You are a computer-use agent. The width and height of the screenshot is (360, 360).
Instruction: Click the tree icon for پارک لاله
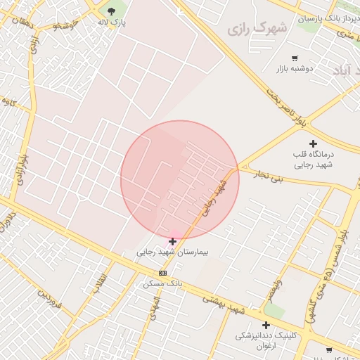[x=111, y=11]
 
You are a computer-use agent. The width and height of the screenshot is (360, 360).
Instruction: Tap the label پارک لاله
[x=111, y=22]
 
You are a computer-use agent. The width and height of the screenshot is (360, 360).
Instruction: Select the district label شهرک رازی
[x=257, y=29]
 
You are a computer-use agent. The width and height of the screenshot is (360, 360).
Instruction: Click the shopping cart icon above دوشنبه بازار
[x=294, y=58]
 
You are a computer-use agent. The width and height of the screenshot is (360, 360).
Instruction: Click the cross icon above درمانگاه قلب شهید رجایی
[x=313, y=143]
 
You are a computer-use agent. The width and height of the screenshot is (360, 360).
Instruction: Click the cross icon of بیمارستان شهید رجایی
[x=172, y=241]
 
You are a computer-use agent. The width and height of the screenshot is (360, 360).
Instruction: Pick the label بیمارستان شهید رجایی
[x=172, y=252]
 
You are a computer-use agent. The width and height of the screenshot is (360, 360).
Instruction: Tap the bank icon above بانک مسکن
[x=163, y=273]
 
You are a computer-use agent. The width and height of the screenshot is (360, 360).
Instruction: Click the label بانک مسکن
[x=162, y=283]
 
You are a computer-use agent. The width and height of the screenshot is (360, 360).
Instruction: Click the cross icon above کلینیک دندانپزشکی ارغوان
[x=266, y=325]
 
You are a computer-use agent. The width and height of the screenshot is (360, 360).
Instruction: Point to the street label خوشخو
[x=65, y=25]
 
